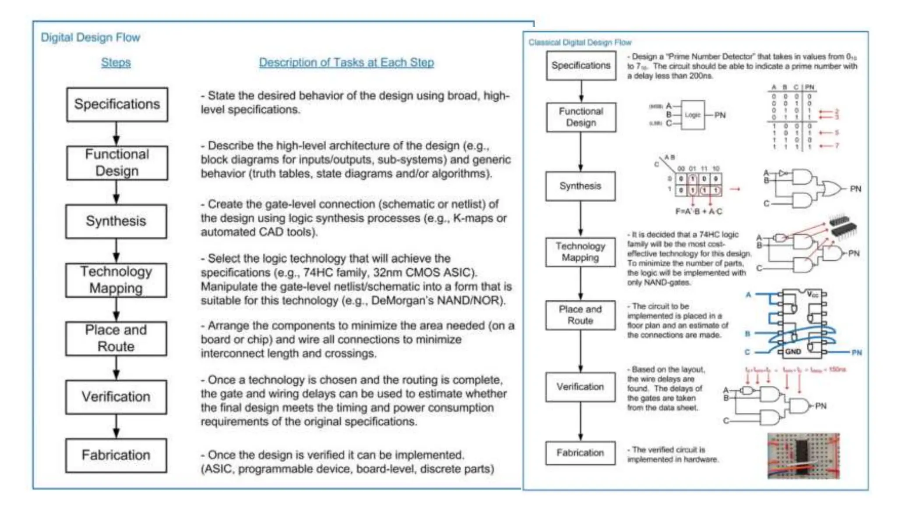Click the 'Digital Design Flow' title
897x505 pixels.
point(90,38)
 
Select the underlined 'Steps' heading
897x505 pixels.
point(116,63)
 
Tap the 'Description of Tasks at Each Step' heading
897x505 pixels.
point(346,63)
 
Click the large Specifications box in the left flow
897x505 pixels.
point(117,104)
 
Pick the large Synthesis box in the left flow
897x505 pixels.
point(116,221)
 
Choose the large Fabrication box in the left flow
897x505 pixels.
point(116,455)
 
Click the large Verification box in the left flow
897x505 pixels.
point(116,397)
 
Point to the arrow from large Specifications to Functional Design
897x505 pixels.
point(116,134)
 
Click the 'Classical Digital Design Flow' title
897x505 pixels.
point(580,43)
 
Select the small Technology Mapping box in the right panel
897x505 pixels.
point(580,252)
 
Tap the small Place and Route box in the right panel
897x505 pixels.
point(580,315)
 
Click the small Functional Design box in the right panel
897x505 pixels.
point(581,117)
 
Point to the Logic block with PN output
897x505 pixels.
point(692,115)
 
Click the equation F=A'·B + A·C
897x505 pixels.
point(699,212)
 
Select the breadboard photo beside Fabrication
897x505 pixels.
point(803,456)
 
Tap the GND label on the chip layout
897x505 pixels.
point(793,352)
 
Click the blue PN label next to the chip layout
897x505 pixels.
point(857,352)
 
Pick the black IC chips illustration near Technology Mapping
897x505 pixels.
point(843,226)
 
